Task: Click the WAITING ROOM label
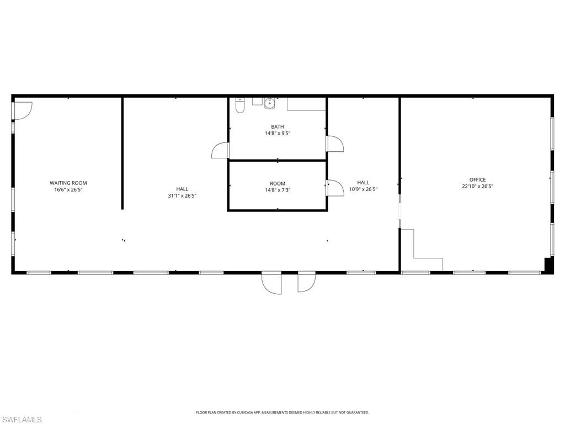point(68,183)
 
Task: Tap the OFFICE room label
point(477,179)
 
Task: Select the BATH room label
point(277,126)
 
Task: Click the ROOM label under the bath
point(278,183)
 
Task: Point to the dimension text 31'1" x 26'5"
point(182,195)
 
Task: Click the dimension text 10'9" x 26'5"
point(363,189)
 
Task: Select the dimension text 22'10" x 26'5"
point(477,186)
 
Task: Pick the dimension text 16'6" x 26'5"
point(68,189)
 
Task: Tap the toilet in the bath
point(240,105)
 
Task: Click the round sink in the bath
point(270,102)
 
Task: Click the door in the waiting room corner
point(23,110)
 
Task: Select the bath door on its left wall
point(220,150)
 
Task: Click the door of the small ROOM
point(335,188)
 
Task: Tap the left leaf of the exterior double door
point(271,283)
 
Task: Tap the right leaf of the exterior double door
point(306,282)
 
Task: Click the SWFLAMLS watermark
point(21,420)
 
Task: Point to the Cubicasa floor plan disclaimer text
point(282,412)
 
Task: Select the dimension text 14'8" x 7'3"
point(278,190)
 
